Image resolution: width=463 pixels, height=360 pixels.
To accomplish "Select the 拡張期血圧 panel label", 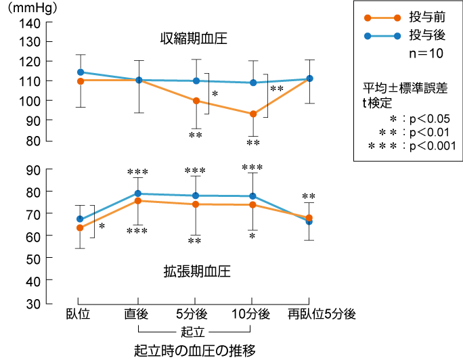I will click(197, 271).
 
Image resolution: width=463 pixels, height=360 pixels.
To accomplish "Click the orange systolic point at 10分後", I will click(253, 114).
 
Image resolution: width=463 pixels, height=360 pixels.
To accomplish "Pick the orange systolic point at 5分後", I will click(196, 101).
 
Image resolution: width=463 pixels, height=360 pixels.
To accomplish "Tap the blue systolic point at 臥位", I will click(81, 72).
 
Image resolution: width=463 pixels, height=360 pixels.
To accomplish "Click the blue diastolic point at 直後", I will click(138, 194).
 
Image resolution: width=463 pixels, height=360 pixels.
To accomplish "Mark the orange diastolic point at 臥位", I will click(80, 227).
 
